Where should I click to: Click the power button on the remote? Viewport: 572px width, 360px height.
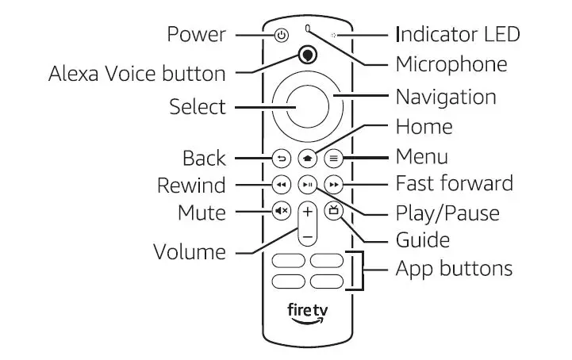pyautogui.click(x=281, y=35)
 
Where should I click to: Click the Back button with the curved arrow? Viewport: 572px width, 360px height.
pyautogui.click(x=281, y=158)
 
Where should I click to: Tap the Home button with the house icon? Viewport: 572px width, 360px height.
pyautogui.click(x=307, y=158)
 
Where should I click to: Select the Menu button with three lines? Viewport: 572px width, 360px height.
pyautogui.click(x=334, y=158)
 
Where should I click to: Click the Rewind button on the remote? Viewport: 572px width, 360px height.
pyautogui.click(x=281, y=185)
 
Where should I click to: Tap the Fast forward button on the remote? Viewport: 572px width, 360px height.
pyautogui.click(x=334, y=185)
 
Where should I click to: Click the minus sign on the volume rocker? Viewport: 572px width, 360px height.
pyautogui.click(x=308, y=236)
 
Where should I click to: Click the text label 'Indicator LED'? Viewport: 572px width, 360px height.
pyautogui.click(x=458, y=34)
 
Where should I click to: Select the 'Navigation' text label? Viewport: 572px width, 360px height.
pyautogui.click(x=446, y=98)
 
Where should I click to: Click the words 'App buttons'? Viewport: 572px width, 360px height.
pyautogui.click(x=454, y=268)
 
